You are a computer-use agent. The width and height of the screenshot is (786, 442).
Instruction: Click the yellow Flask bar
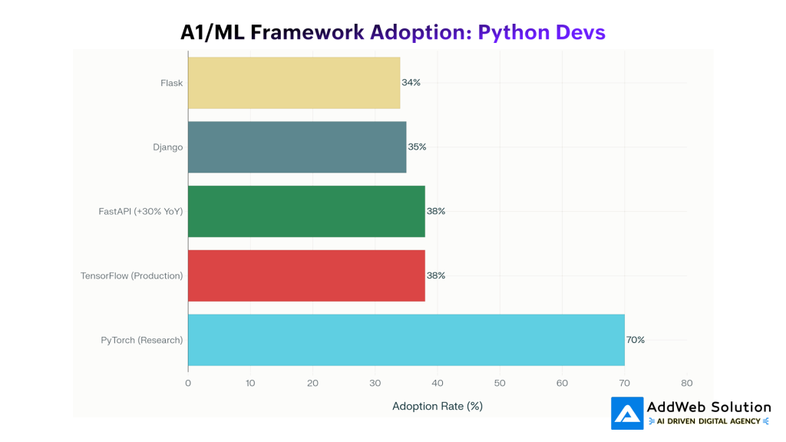(294, 83)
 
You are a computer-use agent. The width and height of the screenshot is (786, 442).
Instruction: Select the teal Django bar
(297, 147)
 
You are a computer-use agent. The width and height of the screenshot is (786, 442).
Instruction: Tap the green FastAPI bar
(306, 211)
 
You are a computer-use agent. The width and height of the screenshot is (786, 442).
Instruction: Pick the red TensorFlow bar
(306, 275)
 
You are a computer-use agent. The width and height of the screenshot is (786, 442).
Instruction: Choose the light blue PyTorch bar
(406, 340)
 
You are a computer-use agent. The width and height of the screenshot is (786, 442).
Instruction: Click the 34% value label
(411, 83)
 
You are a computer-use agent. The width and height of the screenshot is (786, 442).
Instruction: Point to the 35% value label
(417, 147)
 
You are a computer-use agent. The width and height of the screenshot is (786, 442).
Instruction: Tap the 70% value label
(636, 340)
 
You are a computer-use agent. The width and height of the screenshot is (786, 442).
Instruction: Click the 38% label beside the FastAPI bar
(436, 211)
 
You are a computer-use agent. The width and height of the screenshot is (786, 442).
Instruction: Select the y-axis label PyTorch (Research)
(142, 340)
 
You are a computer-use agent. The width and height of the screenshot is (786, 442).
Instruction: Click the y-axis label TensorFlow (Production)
(132, 275)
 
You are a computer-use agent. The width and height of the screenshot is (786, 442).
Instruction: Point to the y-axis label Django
(167, 147)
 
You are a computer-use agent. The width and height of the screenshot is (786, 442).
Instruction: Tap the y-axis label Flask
(172, 83)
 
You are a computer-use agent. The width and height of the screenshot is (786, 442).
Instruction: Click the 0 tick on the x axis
(188, 383)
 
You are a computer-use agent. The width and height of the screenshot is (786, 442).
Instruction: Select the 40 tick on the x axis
(438, 383)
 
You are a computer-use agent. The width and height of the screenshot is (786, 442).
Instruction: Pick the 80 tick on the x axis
(686, 383)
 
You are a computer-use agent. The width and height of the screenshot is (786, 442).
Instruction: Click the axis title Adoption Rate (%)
(438, 406)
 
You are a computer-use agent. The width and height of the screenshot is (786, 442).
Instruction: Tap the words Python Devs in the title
(541, 32)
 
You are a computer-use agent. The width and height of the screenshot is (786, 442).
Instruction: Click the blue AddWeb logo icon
(627, 413)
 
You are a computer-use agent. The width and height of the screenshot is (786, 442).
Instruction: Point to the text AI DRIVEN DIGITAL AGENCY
(708, 421)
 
